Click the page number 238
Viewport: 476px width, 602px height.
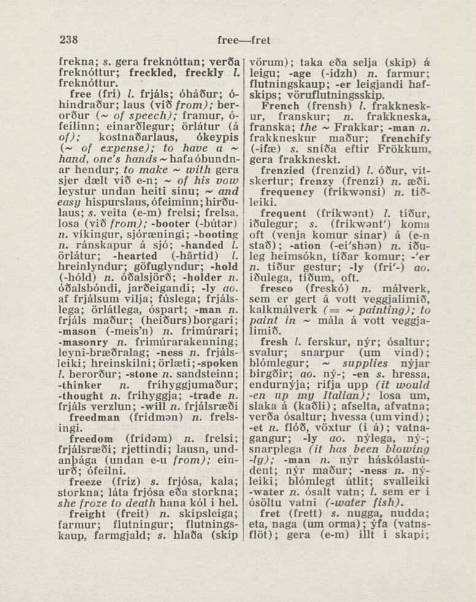(69, 41)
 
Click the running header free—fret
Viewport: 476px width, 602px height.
(244, 41)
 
